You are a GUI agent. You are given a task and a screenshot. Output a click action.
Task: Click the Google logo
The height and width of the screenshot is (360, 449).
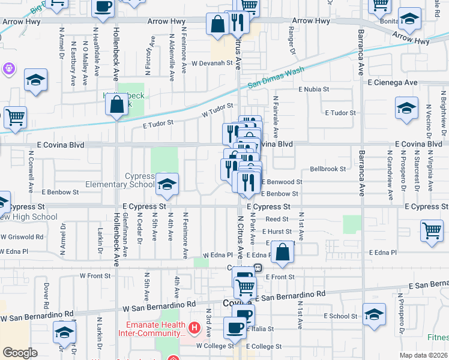coord(20,352)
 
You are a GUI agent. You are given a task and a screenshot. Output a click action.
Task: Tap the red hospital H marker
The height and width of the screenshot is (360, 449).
coord(194,328)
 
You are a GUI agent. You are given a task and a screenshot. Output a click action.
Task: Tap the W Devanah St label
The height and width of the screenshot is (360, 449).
coord(212,63)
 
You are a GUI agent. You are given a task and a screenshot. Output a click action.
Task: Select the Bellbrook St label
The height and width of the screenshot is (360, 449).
coord(328,169)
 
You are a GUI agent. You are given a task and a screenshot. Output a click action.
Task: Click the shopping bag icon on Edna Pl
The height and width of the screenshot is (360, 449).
coord(281,252)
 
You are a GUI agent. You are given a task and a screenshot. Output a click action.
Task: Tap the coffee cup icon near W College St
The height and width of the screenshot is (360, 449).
coord(235,328)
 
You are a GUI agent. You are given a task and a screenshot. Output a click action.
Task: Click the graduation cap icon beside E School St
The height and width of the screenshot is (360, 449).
coord(375,316)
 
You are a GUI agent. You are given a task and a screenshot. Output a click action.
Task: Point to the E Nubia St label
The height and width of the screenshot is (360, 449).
coord(314,89)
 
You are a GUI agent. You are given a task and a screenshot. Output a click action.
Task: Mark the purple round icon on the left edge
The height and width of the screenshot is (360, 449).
coord(8,69)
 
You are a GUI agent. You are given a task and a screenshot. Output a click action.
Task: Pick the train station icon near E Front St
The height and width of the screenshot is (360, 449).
coord(258,268)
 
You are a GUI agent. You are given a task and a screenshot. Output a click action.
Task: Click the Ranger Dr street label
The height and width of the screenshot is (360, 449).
coord(291,39)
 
